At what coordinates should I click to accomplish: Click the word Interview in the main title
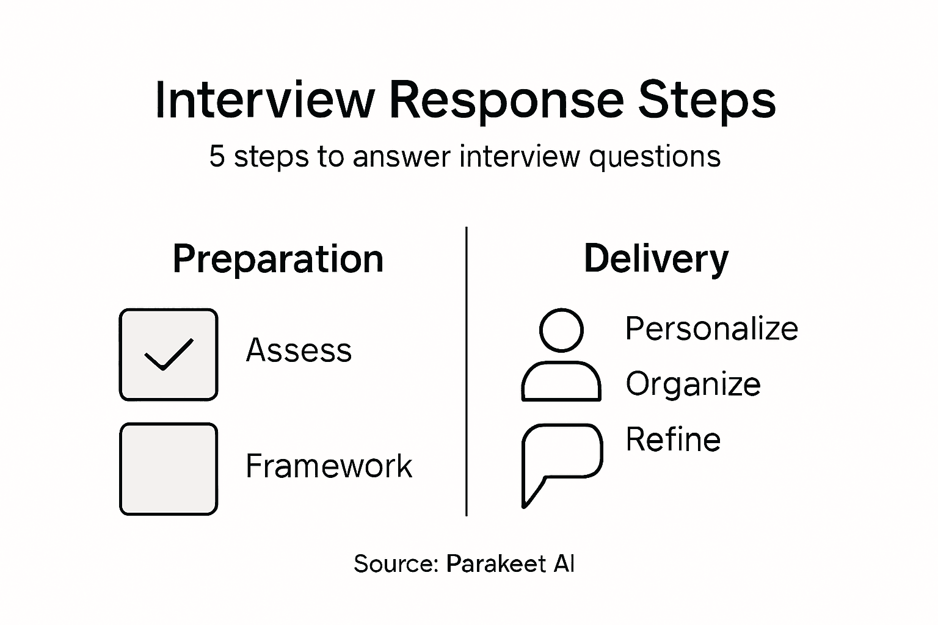264,100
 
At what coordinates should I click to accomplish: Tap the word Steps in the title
707,100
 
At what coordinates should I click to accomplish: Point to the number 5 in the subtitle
217,156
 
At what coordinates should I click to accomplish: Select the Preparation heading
278,259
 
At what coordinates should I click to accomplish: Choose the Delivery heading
656,259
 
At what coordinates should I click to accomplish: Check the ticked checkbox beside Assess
169,355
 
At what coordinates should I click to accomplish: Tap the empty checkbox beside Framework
169,469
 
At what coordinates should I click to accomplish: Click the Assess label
299,350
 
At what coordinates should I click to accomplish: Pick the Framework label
329,466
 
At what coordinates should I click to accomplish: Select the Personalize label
711,328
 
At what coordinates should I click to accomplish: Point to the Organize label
693,384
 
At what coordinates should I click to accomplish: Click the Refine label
673,439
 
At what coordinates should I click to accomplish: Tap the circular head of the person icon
561,330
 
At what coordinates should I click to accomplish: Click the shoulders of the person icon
561,383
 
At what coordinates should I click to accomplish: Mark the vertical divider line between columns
467,371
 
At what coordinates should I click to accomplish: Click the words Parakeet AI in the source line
510,563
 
